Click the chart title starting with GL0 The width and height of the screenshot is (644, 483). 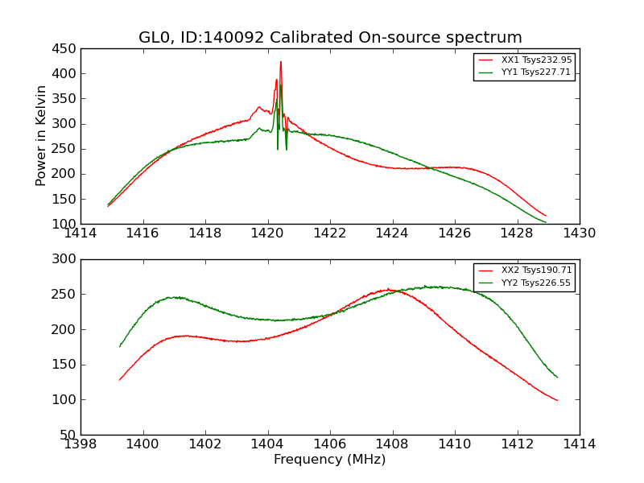(x=330, y=38)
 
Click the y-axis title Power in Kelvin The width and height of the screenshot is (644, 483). (x=42, y=136)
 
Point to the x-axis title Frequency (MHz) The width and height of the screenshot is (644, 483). (x=330, y=460)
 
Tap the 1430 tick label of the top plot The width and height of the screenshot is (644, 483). (x=580, y=233)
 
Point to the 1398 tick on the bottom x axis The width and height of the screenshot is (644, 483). (x=80, y=444)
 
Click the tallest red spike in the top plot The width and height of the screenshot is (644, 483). (x=281, y=62)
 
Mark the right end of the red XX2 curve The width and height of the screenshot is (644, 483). (x=557, y=400)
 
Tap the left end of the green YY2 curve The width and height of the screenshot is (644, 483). (x=120, y=346)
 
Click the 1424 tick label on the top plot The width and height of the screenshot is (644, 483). (x=392, y=233)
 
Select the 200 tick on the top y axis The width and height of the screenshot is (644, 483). (x=66, y=174)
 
